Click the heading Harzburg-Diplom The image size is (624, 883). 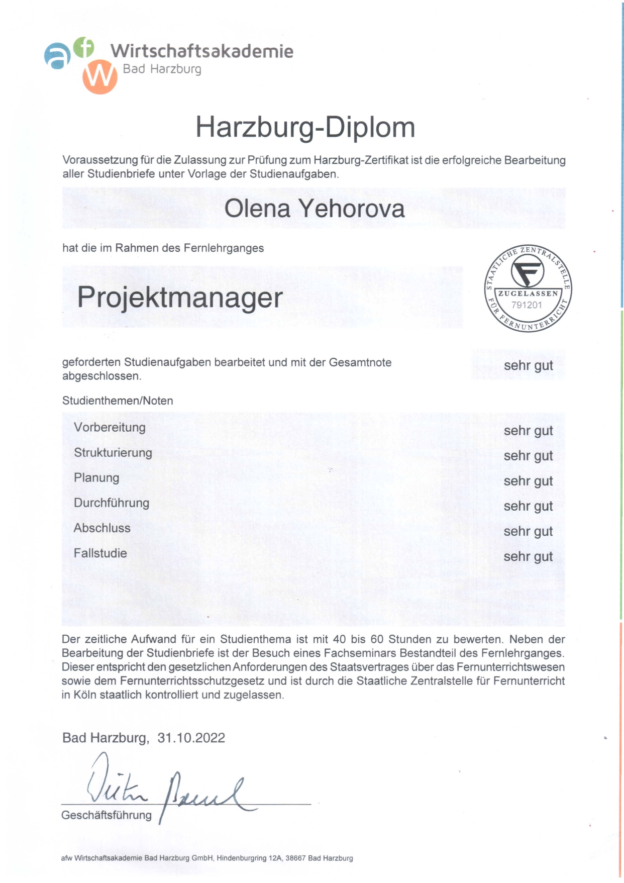305,127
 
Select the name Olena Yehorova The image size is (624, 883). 314,209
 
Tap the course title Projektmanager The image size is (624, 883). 180,298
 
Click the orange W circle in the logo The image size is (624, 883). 100,77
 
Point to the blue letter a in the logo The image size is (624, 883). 57,55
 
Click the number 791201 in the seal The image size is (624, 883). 527,305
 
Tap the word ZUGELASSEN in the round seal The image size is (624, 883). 528,293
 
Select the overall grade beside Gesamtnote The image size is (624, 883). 528,365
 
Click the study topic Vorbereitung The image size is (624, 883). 110,428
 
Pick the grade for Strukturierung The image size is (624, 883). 528,456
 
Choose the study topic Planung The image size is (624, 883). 96,478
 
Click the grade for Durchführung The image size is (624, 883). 528,506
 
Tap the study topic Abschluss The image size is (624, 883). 102,528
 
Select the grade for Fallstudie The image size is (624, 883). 528,556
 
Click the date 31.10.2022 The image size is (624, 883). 191,738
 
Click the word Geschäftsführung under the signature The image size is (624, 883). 107,815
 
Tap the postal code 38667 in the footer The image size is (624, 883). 295,858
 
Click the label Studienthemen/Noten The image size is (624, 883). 118,401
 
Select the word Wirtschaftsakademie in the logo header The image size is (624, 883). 202,51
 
